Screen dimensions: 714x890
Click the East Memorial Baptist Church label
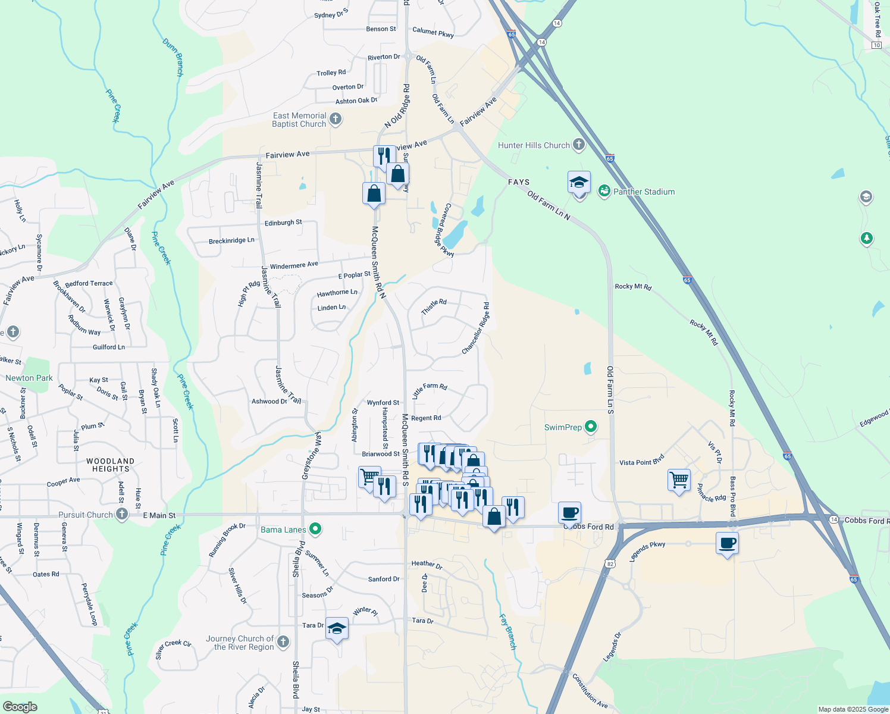click(x=299, y=120)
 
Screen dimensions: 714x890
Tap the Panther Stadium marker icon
click(x=604, y=191)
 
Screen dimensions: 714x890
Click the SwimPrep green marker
click(x=591, y=427)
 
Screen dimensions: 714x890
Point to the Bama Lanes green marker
click(x=316, y=528)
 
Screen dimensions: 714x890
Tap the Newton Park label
click(x=29, y=378)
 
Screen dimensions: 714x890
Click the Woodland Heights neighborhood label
click(x=110, y=465)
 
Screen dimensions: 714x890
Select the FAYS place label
click(x=519, y=182)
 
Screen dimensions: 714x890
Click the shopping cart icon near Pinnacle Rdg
click(x=679, y=479)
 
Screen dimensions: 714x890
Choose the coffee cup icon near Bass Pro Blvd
click(x=728, y=543)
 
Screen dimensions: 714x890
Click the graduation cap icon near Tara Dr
click(x=337, y=629)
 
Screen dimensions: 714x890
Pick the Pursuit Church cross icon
click(x=122, y=514)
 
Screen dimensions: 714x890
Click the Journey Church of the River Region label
click(x=240, y=643)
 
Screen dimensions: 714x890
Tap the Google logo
click(x=20, y=706)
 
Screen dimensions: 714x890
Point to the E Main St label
click(x=159, y=515)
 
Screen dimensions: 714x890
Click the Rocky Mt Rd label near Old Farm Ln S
click(x=633, y=287)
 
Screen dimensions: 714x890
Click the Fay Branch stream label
click(x=507, y=631)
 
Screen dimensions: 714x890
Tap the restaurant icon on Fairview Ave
click(x=384, y=155)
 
